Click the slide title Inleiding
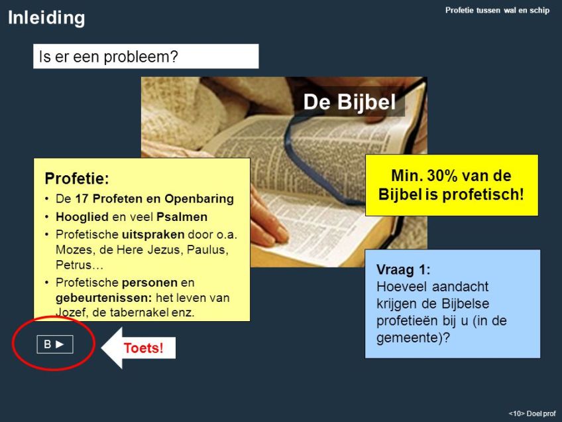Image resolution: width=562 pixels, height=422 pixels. click(46, 19)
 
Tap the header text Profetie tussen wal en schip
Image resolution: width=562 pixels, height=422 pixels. click(497, 11)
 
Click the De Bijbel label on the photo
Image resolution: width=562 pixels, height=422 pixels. click(349, 102)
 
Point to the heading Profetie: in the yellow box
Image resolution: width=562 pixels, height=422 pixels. click(77, 178)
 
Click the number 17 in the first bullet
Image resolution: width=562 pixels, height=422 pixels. click(82, 198)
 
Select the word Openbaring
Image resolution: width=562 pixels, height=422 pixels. click(199, 199)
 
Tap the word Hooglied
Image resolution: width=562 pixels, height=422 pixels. click(82, 217)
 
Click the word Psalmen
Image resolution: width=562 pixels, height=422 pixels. click(182, 217)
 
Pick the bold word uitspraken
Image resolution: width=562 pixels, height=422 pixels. click(153, 235)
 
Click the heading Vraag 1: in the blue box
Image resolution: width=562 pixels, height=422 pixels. click(403, 269)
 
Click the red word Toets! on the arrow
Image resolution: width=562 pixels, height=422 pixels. click(143, 348)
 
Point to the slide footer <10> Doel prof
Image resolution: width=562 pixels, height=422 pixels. click(532, 414)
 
